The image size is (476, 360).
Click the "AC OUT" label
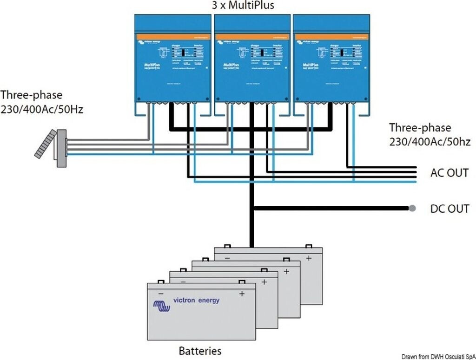[450, 173]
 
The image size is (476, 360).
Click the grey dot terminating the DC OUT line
[412, 208]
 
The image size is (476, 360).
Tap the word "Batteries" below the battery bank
[200, 350]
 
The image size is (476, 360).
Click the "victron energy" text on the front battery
[196, 301]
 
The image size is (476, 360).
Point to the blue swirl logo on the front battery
[162, 306]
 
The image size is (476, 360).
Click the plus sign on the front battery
[242, 294]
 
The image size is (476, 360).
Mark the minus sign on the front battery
[161, 294]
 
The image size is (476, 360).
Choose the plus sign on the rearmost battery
[309, 258]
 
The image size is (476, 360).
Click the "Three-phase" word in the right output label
[420, 128]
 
